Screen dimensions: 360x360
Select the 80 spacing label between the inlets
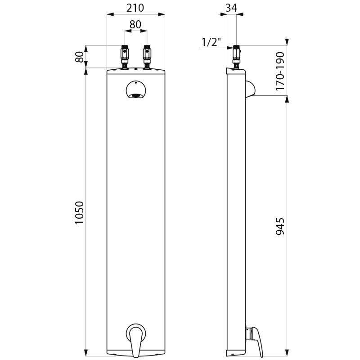[135, 25]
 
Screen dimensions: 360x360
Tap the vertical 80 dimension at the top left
[79, 57]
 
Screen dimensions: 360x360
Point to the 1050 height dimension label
[79, 213]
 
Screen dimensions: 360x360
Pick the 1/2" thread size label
[211, 42]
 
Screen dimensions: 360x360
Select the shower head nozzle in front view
[135, 94]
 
